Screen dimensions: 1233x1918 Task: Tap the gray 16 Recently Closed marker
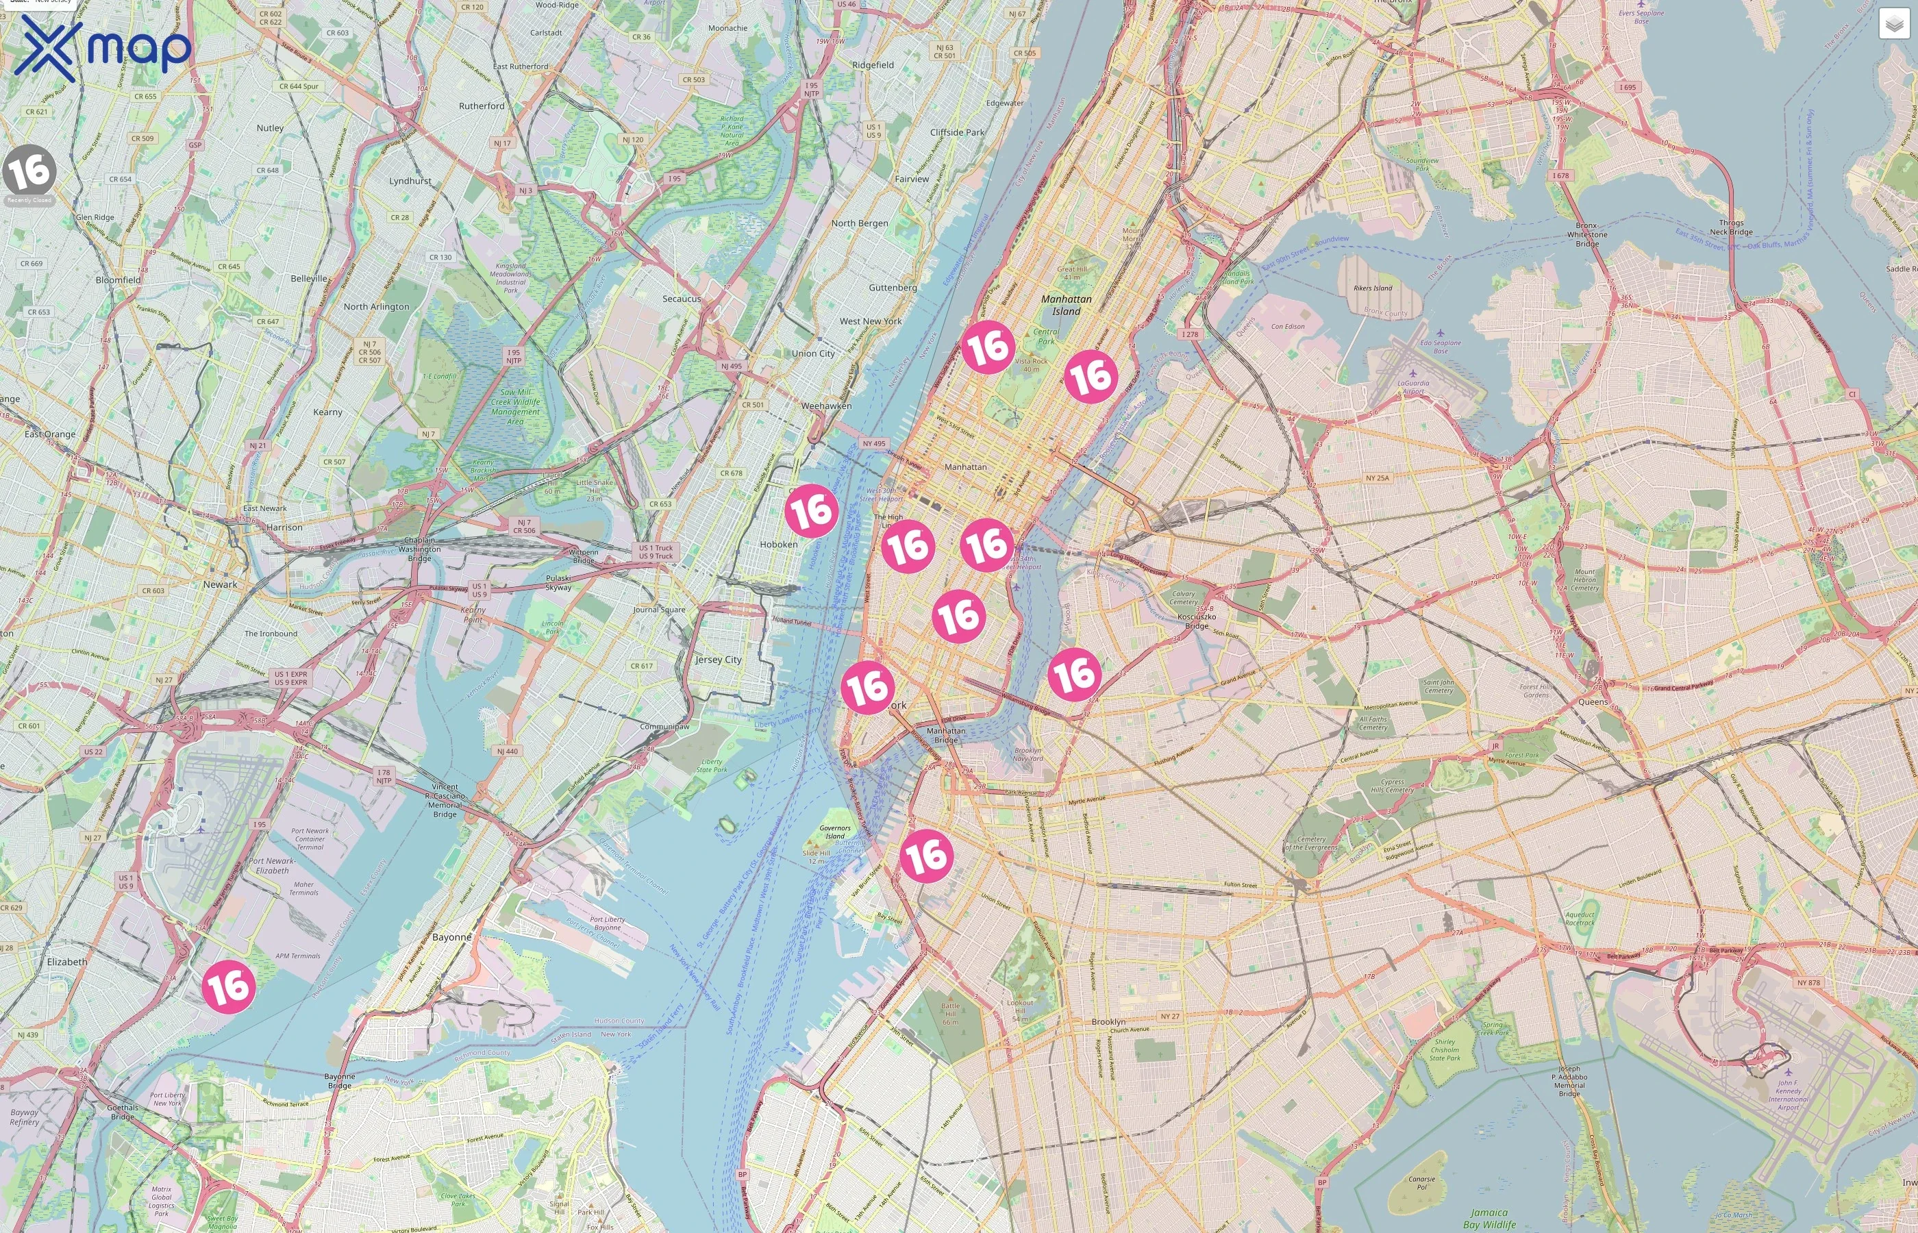(29, 172)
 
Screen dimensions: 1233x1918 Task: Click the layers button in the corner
(1893, 24)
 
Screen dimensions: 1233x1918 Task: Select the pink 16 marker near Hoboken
(811, 510)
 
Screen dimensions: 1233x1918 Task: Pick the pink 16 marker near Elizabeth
(228, 986)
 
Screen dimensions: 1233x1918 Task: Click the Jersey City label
(718, 660)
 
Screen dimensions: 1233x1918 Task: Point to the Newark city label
(219, 584)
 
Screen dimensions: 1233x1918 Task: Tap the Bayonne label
(451, 937)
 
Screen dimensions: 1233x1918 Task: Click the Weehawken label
(826, 406)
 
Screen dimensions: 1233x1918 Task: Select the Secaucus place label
(681, 299)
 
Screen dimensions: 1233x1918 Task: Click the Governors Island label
(835, 832)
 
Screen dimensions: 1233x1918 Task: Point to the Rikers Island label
(1372, 288)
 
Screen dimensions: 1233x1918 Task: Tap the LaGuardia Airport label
(1413, 387)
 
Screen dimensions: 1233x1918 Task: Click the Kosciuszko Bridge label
(1197, 621)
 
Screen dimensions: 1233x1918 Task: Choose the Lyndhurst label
(410, 181)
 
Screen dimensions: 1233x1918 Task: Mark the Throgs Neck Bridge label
(1731, 227)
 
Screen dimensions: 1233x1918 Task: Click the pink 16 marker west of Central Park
(988, 347)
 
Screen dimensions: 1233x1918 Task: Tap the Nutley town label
(270, 128)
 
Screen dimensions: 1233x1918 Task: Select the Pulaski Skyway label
(558, 582)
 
